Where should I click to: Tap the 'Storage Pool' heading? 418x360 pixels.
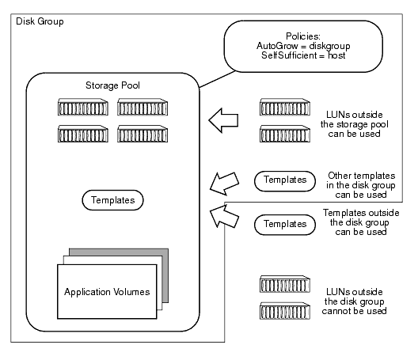click(x=111, y=85)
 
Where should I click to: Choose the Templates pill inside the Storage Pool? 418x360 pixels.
click(x=111, y=201)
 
